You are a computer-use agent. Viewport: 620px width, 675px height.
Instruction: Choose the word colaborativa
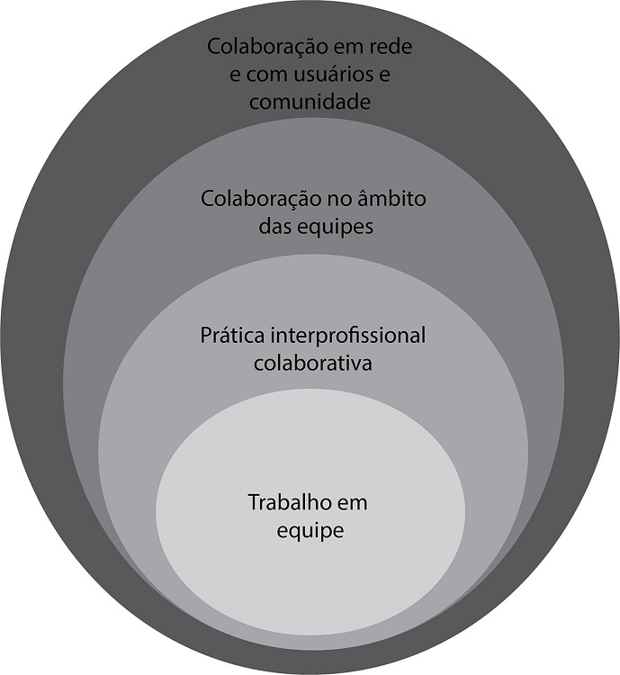(x=311, y=364)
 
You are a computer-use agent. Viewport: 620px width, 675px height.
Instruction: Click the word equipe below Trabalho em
(x=311, y=531)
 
